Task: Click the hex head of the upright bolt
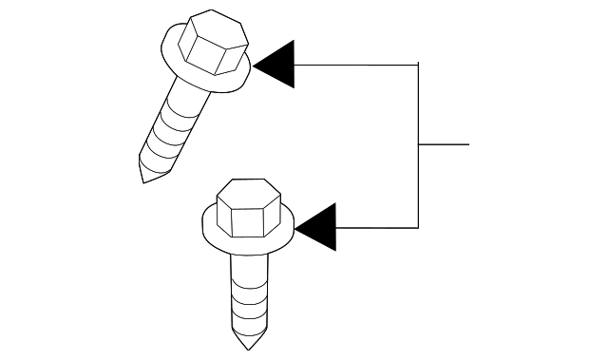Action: coord(245,210)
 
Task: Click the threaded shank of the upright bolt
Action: coord(245,294)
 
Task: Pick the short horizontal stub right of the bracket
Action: coord(445,144)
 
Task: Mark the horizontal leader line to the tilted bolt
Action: coord(356,65)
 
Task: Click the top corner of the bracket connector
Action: coord(418,65)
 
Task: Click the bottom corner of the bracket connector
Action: coord(418,228)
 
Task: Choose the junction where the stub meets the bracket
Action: coord(418,144)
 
